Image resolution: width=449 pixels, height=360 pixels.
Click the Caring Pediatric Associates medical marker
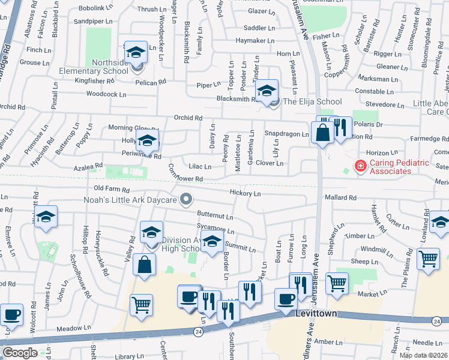point(360,166)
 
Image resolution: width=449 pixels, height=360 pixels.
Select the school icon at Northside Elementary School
point(136,53)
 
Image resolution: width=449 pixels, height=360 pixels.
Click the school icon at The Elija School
point(266,91)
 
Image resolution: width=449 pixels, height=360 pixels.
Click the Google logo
point(19,352)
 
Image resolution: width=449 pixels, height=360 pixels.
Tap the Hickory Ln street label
point(245,193)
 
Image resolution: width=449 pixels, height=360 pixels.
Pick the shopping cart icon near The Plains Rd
point(427,259)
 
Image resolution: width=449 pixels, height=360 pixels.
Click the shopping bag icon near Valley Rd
point(145,265)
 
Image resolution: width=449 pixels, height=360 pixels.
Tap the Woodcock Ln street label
point(106,94)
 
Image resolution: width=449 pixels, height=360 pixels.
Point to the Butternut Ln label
point(214,215)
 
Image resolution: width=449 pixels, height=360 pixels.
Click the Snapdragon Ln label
point(286,134)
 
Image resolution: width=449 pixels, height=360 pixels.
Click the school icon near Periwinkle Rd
point(146,142)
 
